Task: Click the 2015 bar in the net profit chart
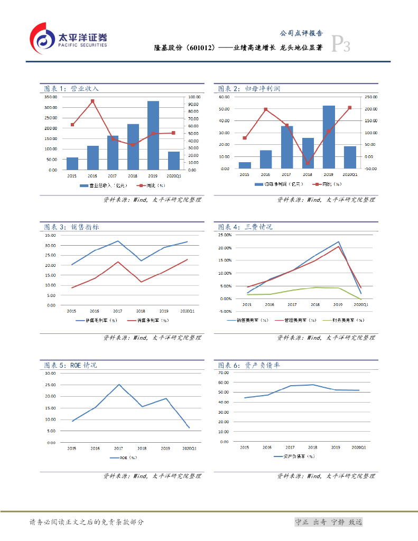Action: [245, 165]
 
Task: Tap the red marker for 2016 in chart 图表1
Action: [92, 101]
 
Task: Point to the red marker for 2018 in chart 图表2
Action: [308, 163]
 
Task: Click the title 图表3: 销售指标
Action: [71, 227]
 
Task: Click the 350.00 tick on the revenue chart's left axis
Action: [51, 97]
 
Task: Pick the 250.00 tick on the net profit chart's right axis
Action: [371, 97]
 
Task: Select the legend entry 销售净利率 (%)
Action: [153, 320]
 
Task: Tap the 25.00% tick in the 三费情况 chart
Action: [225, 235]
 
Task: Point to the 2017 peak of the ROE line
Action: [118, 385]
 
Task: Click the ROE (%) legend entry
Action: [124, 458]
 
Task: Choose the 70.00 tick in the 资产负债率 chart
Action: [224, 372]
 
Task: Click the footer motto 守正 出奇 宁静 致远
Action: [328, 522]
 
